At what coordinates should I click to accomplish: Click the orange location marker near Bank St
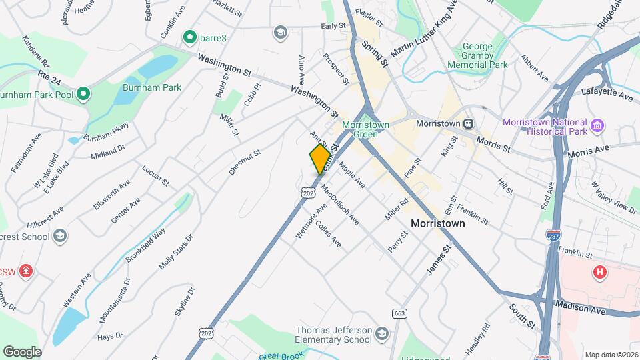tap(321, 159)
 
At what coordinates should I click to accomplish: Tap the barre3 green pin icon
tap(189, 37)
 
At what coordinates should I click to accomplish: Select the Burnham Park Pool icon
tap(83, 95)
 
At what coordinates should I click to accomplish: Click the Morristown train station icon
tap(469, 123)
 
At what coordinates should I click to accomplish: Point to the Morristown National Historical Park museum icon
tap(597, 124)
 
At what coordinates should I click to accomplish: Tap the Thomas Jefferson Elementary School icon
tap(381, 333)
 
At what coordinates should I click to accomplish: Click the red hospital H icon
tap(600, 272)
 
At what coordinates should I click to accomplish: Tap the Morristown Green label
tap(360, 129)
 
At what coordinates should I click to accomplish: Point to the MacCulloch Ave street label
tap(340, 204)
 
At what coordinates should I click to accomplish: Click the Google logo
tap(22, 351)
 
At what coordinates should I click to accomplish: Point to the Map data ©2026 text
tap(610, 355)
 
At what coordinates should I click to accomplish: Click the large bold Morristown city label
tap(438, 223)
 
